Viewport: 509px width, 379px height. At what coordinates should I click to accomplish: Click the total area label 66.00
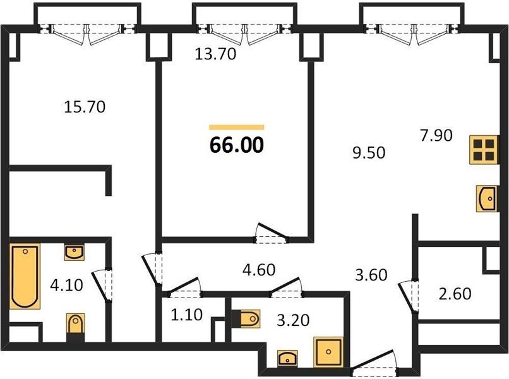(x=237, y=145)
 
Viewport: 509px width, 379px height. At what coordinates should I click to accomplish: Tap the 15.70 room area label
(x=85, y=107)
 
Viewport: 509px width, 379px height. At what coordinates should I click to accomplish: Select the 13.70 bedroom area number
(x=215, y=54)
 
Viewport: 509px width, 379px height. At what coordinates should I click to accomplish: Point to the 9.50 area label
(x=369, y=153)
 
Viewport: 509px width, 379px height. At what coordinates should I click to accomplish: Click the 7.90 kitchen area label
(x=436, y=135)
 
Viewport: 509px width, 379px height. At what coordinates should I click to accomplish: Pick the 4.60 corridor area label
(x=259, y=270)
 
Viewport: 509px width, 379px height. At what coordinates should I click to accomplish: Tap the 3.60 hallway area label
(x=371, y=275)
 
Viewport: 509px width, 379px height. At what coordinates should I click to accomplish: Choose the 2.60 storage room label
(x=455, y=294)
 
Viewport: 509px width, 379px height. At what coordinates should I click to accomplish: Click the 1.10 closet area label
(x=187, y=315)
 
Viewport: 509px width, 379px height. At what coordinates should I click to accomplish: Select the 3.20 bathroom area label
(x=293, y=320)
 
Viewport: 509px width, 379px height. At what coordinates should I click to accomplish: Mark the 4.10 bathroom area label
(x=67, y=285)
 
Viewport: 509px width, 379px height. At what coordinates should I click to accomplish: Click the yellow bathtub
(x=25, y=277)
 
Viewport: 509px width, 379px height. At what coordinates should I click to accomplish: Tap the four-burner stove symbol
(x=484, y=150)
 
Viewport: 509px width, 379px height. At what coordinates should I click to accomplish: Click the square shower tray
(x=328, y=352)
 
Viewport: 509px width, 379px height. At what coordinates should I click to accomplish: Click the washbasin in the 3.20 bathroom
(x=287, y=358)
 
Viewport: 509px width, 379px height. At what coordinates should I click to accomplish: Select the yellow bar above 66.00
(x=237, y=128)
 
